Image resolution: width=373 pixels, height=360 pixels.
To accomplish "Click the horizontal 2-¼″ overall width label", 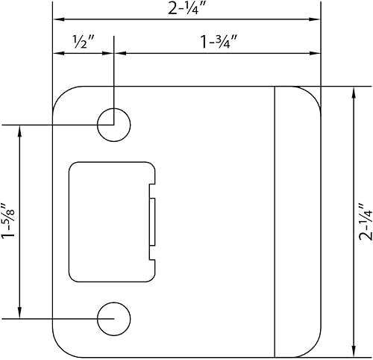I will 186,9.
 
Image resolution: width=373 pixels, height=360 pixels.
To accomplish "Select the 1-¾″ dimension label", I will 216,42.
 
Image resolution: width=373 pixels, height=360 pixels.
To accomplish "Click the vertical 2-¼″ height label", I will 363,221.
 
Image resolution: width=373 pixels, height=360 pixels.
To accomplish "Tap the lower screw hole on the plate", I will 113,317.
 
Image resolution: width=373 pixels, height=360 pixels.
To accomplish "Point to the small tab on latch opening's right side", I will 154,222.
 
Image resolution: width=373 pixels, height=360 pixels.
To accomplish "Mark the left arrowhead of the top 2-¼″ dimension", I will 57,19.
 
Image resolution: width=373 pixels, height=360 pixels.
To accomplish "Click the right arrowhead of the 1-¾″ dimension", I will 316,54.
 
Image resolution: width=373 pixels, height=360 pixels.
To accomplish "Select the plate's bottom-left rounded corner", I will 60,350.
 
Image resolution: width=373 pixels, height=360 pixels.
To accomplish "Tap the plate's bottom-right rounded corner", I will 313,350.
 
